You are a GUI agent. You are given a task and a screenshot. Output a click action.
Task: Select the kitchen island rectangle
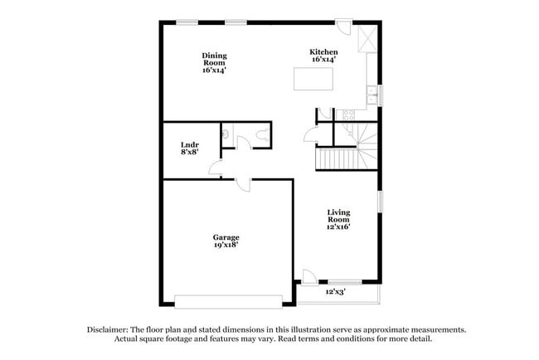(x=313, y=79)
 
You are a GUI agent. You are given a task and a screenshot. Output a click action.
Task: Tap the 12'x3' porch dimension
(x=335, y=292)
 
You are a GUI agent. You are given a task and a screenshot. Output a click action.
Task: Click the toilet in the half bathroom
(x=263, y=134)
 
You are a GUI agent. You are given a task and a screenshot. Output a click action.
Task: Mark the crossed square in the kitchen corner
(x=367, y=36)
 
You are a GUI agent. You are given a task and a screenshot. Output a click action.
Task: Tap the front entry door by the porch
(x=308, y=277)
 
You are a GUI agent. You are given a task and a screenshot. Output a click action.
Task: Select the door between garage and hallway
(x=244, y=183)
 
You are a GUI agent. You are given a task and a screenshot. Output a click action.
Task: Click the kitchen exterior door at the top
(x=342, y=27)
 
